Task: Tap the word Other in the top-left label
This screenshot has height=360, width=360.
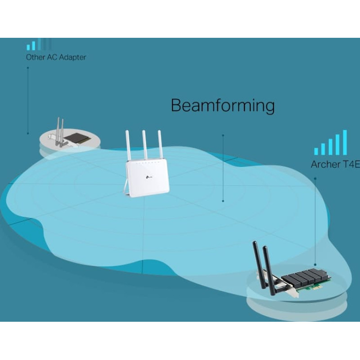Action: tap(35, 57)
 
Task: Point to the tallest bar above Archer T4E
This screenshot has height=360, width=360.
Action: tap(345, 142)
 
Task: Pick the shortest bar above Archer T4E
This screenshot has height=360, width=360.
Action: tap(316, 151)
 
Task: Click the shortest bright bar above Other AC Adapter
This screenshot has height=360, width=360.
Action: tap(28, 47)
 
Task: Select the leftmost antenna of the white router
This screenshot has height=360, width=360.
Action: tap(128, 145)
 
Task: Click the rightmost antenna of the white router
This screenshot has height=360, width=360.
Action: tap(158, 145)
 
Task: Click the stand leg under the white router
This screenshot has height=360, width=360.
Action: tap(126, 189)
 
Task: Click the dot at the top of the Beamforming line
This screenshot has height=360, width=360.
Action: tap(223, 134)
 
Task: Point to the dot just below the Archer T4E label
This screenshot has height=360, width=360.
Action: tap(315, 178)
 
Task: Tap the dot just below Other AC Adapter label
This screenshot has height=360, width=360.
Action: tap(28, 68)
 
